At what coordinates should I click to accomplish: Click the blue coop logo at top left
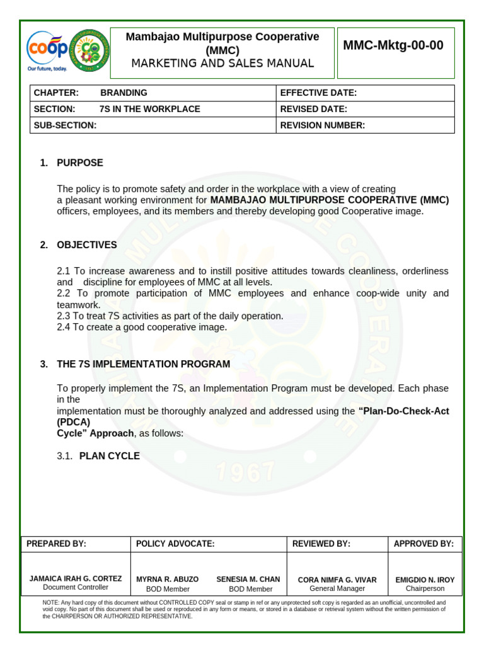tap(47, 49)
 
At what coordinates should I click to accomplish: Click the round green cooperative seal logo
tap(89, 50)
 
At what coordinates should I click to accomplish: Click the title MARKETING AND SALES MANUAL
tap(222, 63)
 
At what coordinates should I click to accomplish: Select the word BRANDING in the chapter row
tap(124, 93)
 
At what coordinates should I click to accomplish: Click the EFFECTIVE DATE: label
tap(318, 93)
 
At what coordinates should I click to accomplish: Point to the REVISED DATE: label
tap(313, 109)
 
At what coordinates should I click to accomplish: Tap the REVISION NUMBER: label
tap(322, 125)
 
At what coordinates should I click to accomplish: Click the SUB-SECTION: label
tap(65, 125)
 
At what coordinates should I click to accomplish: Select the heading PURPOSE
tap(79, 163)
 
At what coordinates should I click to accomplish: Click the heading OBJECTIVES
tap(86, 245)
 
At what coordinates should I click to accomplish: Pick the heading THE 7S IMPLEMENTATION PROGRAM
tap(143, 364)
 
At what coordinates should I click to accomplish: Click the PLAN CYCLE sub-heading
tap(109, 456)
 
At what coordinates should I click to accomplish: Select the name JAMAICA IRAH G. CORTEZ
tap(76, 578)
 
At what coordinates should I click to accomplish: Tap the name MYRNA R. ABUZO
tap(167, 579)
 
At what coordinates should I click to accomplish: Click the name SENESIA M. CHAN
tap(248, 579)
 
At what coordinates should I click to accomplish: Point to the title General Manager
tap(337, 588)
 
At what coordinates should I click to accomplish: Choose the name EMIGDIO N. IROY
tap(425, 579)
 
